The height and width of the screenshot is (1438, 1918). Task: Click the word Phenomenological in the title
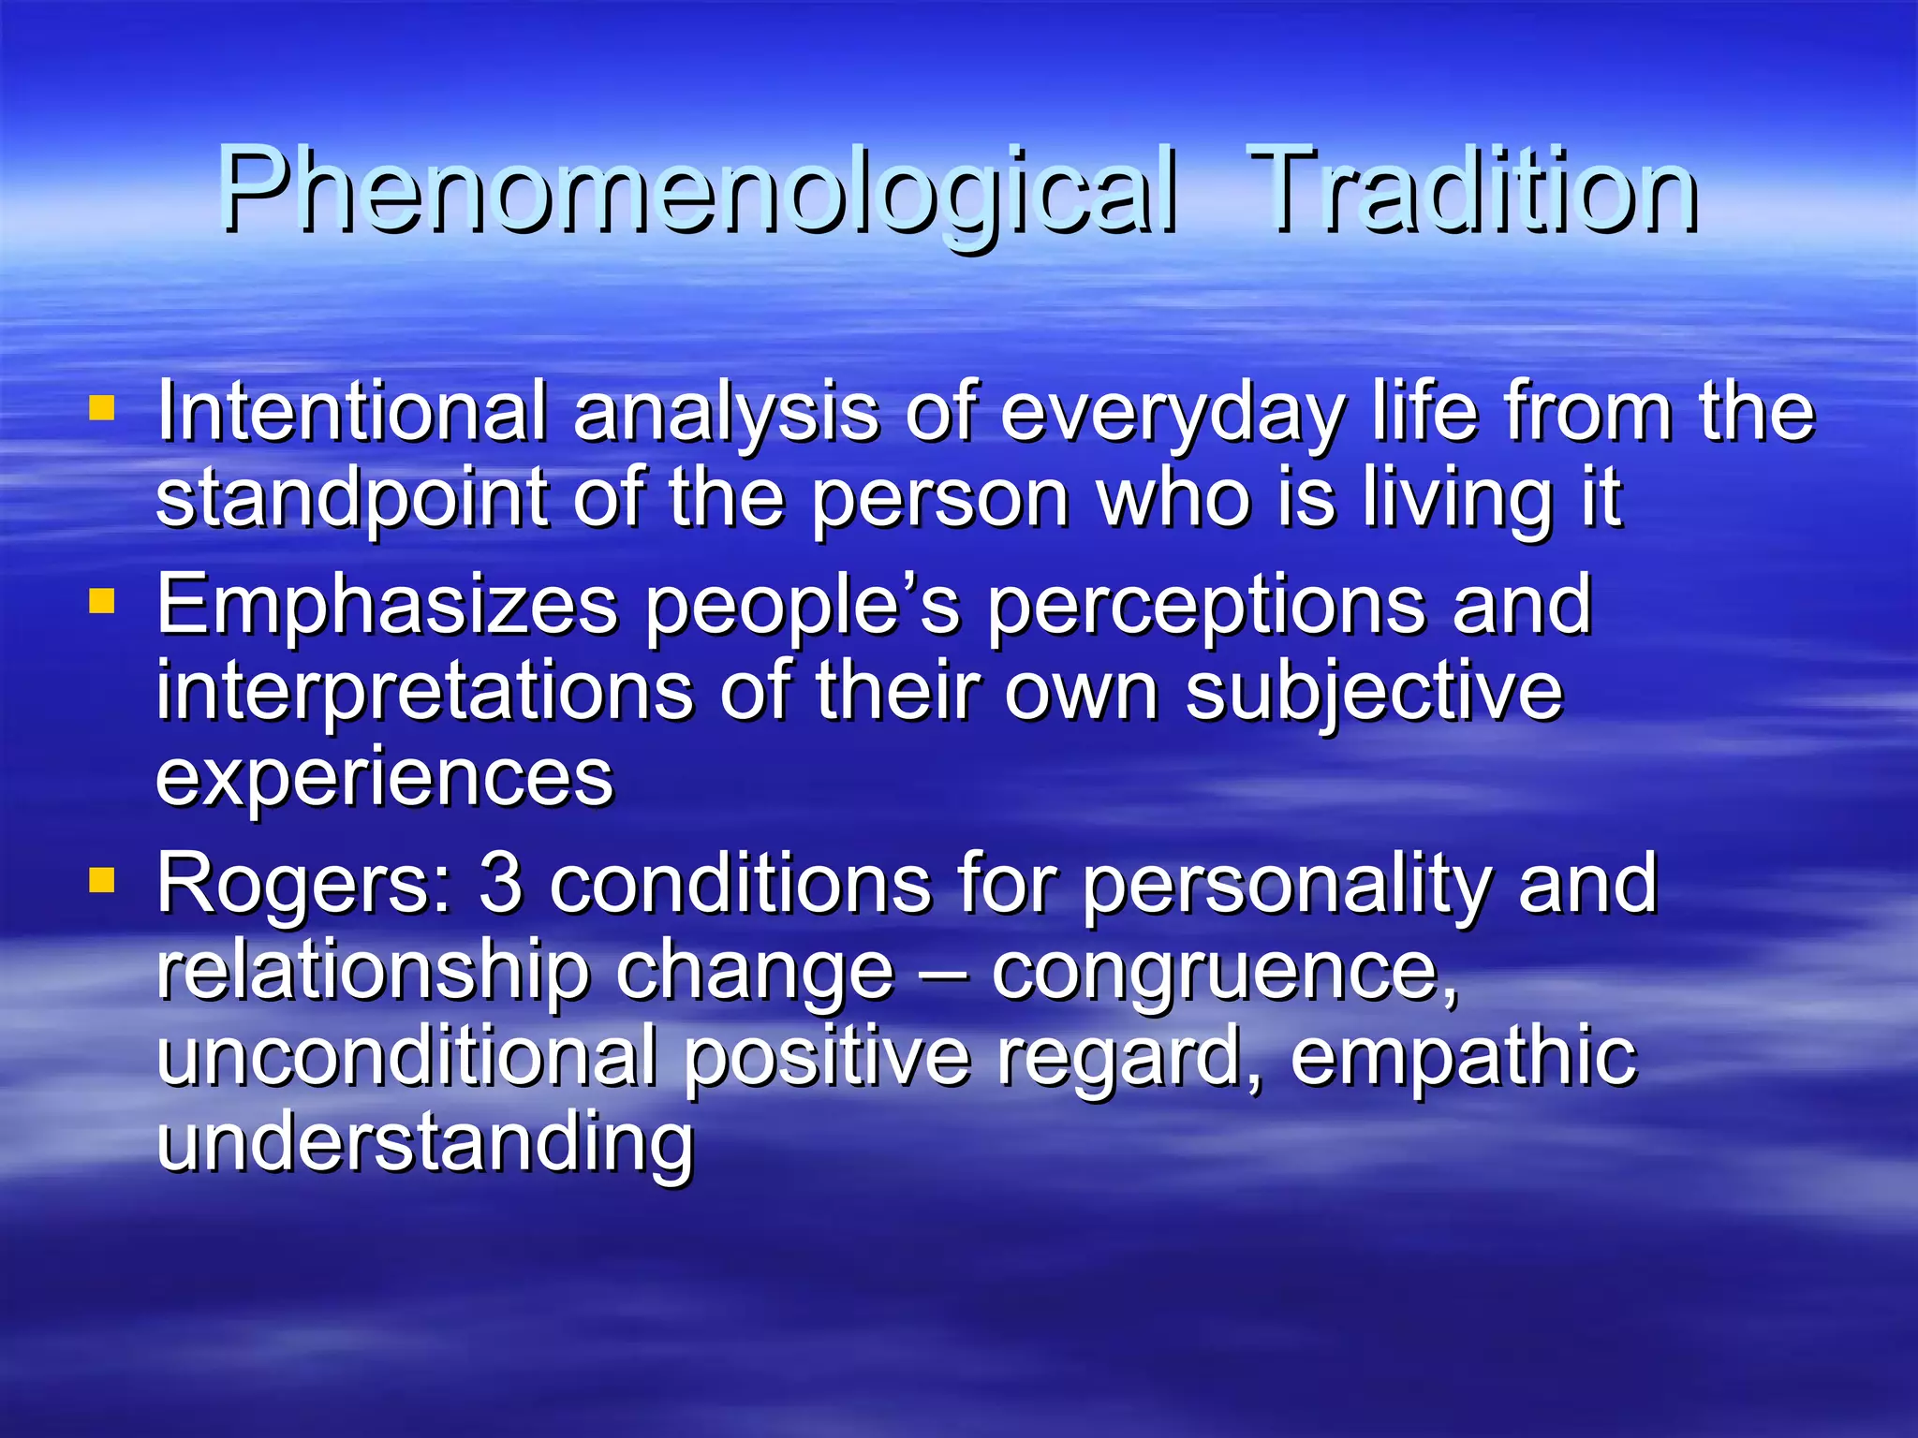(x=698, y=192)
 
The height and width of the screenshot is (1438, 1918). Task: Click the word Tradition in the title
(x=1473, y=192)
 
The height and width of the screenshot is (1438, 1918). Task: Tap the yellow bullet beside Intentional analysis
(x=101, y=408)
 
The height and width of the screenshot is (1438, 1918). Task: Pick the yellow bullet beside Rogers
(x=101, y=880)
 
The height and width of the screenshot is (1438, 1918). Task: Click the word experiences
(x=384, y=777)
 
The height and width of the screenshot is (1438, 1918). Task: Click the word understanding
(x=424, y=1142)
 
